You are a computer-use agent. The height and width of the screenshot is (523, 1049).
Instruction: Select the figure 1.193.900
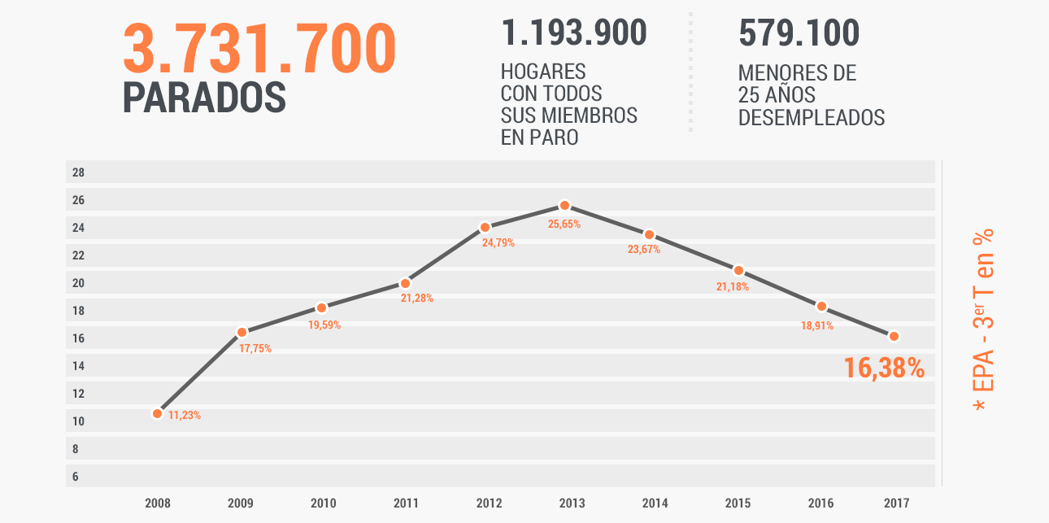pyautogui.click(x=574, y=33)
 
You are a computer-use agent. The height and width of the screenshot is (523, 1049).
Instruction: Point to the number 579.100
pyautogui.click(x=799, y=33)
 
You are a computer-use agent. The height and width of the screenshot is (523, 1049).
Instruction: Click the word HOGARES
pyautogui.click(x=543, y=72)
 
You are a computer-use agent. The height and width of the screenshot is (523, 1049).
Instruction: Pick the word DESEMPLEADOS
pyautogui.click(x=811, y=117)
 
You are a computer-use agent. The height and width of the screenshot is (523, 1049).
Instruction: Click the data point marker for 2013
pyautogui.click(x=564, y=206)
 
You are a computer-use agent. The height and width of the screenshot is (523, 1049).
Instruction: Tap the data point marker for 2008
pyautogui.click(x=157, y=413)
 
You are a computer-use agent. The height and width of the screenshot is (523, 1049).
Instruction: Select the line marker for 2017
pyautogui.click(x=894, y=336)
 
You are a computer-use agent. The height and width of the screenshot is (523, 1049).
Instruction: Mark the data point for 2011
pyautogui.click(x=405, y=283)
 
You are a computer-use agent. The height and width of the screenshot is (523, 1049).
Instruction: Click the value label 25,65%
pyautogui.click(x=564, y=224)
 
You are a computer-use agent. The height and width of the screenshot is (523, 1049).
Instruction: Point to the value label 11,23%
pyautogui.click(x=185, y=416)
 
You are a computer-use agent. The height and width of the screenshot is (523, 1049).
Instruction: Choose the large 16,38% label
pyautogui.click(x=884, y=368)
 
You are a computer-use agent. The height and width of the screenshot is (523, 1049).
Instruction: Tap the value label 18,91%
pyautogui.click(x=817, y=326)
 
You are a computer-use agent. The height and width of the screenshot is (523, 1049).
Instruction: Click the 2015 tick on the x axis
pyautogui.click(x=738, y=503)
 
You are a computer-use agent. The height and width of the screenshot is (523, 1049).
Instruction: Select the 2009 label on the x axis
pyautogui.click(x=240, y=503)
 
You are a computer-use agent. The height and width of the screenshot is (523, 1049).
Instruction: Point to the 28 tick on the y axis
pyautogui.click(x=78, y=172)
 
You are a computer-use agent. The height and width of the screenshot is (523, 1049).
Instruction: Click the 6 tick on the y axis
pyautogui.click(x=75, y=477)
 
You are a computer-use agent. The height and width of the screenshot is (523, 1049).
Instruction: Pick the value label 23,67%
pyautogui.click(x=643, y=250)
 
